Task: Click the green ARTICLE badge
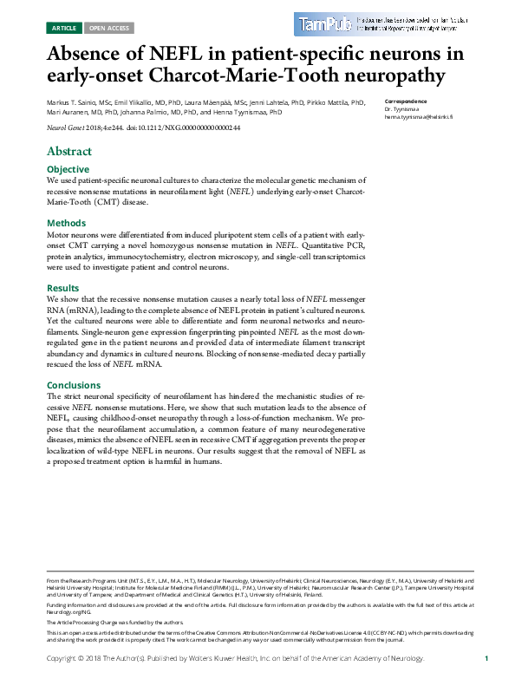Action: pyautogui.click(x=64, y=28)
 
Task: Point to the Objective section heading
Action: pyautogui.click(x=68, y=169)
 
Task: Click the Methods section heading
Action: pyautogui.click(x=66, y=223)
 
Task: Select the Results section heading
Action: pyautogui.click(x=63, y=288)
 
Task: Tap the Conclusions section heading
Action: pyautogui.click(x=74, y=385)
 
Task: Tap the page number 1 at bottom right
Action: pyautogui.click(x=487, y=659)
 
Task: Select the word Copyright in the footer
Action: pyautogui.click(x=66, y=659)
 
